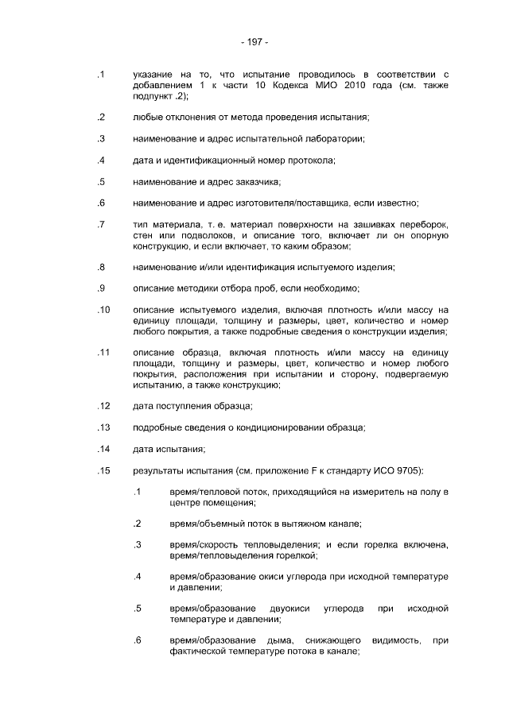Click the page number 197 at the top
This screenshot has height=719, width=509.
(254, 41)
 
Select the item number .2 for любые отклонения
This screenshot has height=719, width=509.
(101, 118)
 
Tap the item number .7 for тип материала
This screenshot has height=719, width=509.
(101, 225)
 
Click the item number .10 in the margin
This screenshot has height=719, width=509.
(103, 310)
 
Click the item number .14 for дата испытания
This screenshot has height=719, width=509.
(103, 449)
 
